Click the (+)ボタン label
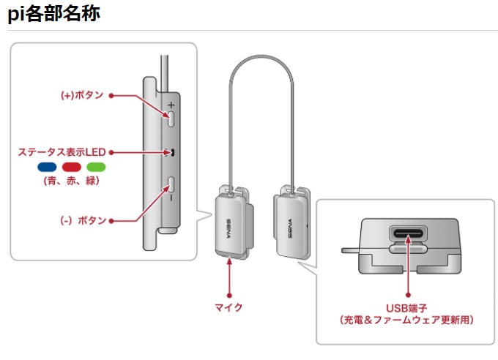81,95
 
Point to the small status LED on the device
174,153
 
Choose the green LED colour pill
96,167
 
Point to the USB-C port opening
406,236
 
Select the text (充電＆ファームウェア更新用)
406,320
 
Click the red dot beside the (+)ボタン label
110,95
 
